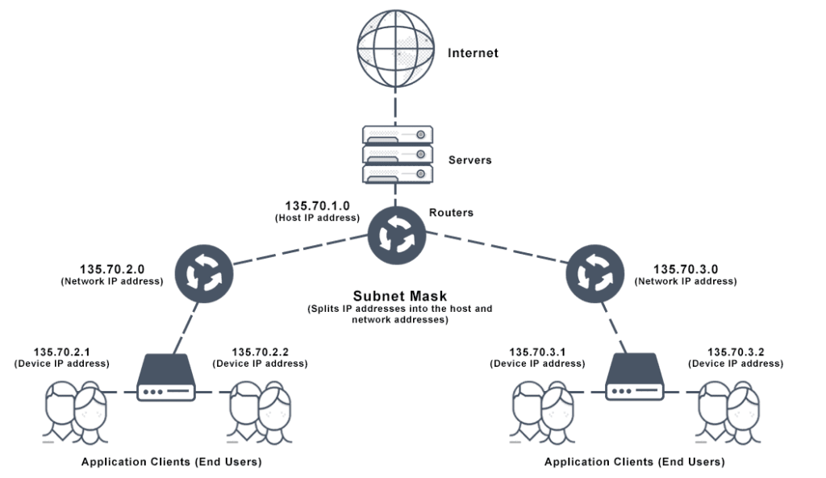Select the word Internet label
473,53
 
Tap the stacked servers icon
396,153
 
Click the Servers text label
469,160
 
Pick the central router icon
396,234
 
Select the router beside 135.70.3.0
593,272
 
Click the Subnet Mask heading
398,296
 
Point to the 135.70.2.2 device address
260,351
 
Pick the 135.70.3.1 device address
537,351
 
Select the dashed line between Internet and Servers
396,105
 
